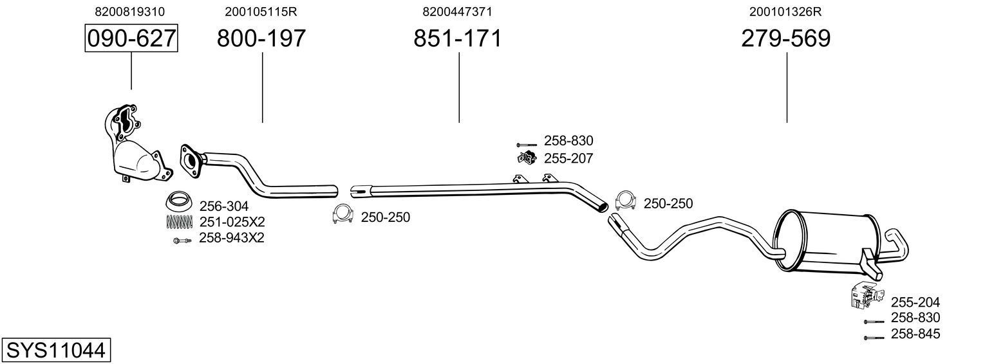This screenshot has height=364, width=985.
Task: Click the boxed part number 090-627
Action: [x=131, y=39]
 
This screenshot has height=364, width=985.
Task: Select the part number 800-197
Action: [x=261, y=39]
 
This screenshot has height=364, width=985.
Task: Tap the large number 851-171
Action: [x=457, y=39]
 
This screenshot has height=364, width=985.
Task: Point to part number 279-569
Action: [x=785, y=39]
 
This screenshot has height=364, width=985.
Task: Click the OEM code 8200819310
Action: [x=129, y=12]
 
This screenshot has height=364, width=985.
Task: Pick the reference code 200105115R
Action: [x=261, y=12]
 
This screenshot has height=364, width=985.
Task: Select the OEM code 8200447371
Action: [x=458, y=12]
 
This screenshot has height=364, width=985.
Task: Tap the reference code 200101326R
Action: [x=785, y=12]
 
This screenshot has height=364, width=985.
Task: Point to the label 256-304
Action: [x=223, y=206]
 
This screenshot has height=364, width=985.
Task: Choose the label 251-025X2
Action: [x=232, y=222]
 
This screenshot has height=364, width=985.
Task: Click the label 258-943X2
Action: [x=232, y=239]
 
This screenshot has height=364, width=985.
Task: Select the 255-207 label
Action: [x=568, y=158]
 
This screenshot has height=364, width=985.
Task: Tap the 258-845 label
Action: [x=915, y=334]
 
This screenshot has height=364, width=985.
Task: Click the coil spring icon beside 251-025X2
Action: [x=180, y=222]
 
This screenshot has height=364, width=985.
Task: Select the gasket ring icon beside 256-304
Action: [x=180, y=201]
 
